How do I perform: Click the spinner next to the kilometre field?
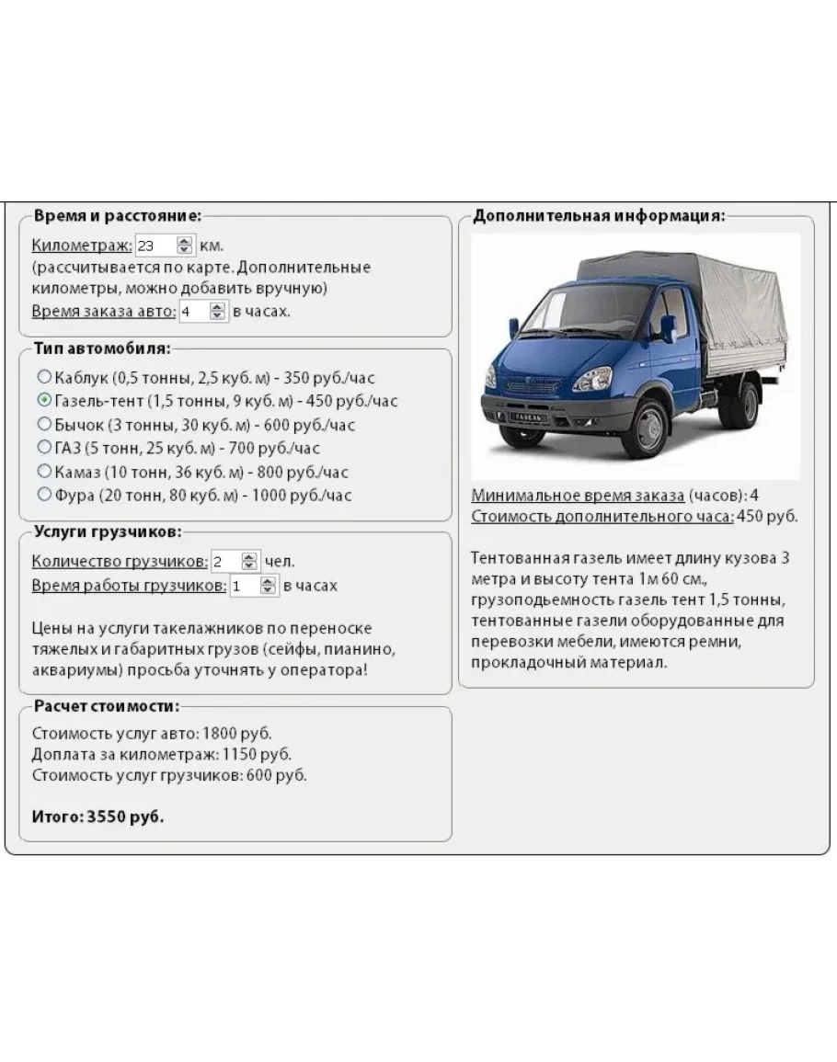185,246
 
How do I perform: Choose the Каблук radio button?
44,377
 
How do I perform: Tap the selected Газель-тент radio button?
44,401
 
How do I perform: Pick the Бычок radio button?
44,424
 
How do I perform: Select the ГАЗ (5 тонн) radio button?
44,448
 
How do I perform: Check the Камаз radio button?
44,471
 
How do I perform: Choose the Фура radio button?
44,495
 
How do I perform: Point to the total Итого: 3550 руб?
98,816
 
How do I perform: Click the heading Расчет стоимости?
106,706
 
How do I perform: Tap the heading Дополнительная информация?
599,216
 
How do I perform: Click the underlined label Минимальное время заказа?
578,496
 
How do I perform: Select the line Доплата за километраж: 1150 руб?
162,754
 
